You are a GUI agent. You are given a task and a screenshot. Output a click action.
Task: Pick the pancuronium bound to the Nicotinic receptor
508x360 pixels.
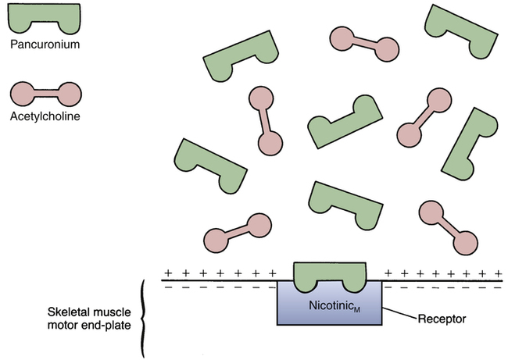pyautogui.click(x=330, y=273)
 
